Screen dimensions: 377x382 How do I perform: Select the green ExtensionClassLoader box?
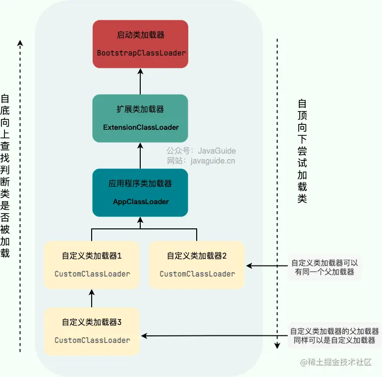140,119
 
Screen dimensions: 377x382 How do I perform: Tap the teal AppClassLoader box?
140,193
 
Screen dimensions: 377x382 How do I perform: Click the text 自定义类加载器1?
92,256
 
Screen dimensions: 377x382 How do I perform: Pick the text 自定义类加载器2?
197,256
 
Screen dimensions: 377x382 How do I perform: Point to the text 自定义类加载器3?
92,322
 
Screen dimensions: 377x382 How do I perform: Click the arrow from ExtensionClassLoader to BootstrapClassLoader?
140,82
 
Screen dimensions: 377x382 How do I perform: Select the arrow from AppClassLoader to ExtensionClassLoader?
140,156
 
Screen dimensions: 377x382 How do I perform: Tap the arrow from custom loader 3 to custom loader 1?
92,298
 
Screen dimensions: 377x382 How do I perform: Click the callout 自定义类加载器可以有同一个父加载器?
324,267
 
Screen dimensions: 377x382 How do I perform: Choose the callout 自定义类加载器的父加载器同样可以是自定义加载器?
334,336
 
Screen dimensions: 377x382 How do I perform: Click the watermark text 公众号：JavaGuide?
201,151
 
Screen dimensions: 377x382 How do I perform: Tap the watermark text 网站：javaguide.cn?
201,161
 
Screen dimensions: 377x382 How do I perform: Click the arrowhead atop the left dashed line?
20,42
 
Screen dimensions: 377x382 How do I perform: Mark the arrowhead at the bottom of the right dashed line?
277,346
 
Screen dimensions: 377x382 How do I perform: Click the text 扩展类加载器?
140,109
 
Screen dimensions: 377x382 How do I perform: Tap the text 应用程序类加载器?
140,183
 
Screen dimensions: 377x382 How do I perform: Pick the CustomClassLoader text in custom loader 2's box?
197,274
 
